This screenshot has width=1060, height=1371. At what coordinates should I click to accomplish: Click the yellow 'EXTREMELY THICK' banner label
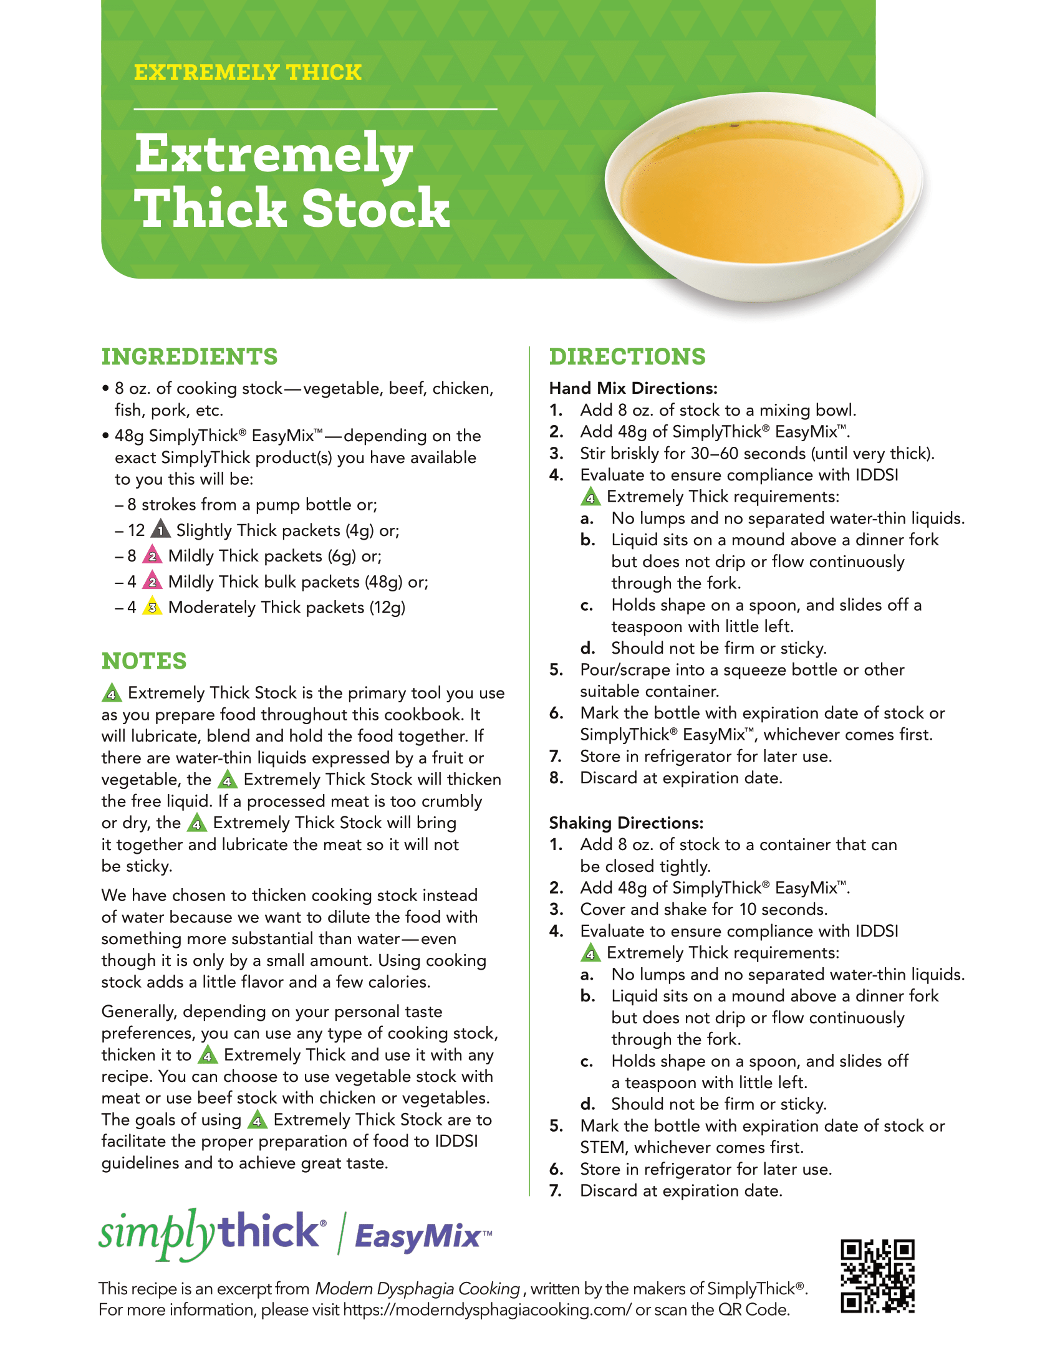248,72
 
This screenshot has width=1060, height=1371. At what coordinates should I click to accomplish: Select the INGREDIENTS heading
190,356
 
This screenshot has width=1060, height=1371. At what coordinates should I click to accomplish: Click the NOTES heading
145,661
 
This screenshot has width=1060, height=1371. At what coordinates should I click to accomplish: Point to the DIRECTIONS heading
627,356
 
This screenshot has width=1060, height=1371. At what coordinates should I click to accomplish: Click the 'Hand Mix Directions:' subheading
633,389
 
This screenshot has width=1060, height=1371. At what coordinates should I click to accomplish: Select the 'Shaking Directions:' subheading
626,823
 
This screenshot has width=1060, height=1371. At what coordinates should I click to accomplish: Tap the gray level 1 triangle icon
161,528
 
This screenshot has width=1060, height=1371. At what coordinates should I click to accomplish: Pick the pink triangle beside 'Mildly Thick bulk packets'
152,580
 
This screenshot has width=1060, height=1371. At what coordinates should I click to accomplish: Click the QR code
878,1276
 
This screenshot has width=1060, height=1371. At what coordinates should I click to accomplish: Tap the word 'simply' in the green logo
158,1233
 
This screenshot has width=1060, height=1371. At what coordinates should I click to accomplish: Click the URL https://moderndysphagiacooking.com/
488,1309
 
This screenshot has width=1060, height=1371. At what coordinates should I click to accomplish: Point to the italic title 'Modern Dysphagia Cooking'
418,1288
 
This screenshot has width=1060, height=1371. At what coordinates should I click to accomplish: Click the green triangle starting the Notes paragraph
111,692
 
